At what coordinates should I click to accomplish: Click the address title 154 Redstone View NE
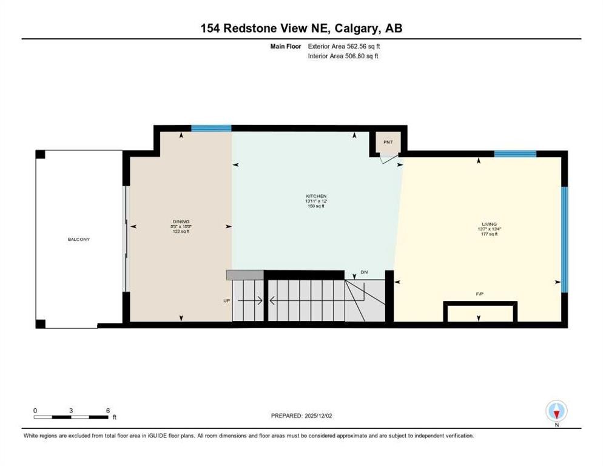(x=301, y=28)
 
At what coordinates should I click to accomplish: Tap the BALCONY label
(x=79, y=239)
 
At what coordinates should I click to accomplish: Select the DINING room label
(x=181, y=221)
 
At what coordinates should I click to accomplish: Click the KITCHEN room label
(x=316, y=196)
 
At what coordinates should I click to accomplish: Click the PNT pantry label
(x=388, y=142)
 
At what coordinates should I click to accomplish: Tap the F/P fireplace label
(x=479, y=293)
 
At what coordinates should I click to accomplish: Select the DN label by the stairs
(x=364, y=272)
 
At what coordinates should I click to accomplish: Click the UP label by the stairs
(x=227, y=300)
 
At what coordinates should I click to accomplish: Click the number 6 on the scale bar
(x=107, y=410)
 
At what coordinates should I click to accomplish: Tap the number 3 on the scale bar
(x=71, y=410)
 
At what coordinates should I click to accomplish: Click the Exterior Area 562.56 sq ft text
(x=344, y=46)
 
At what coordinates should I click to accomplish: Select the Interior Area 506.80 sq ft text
(x=344, y=56)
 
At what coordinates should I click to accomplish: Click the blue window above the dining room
(x=211, y=128)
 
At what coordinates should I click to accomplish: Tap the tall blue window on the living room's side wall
(x=564, y=239)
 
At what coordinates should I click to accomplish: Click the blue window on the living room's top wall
(x=515, y=154)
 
